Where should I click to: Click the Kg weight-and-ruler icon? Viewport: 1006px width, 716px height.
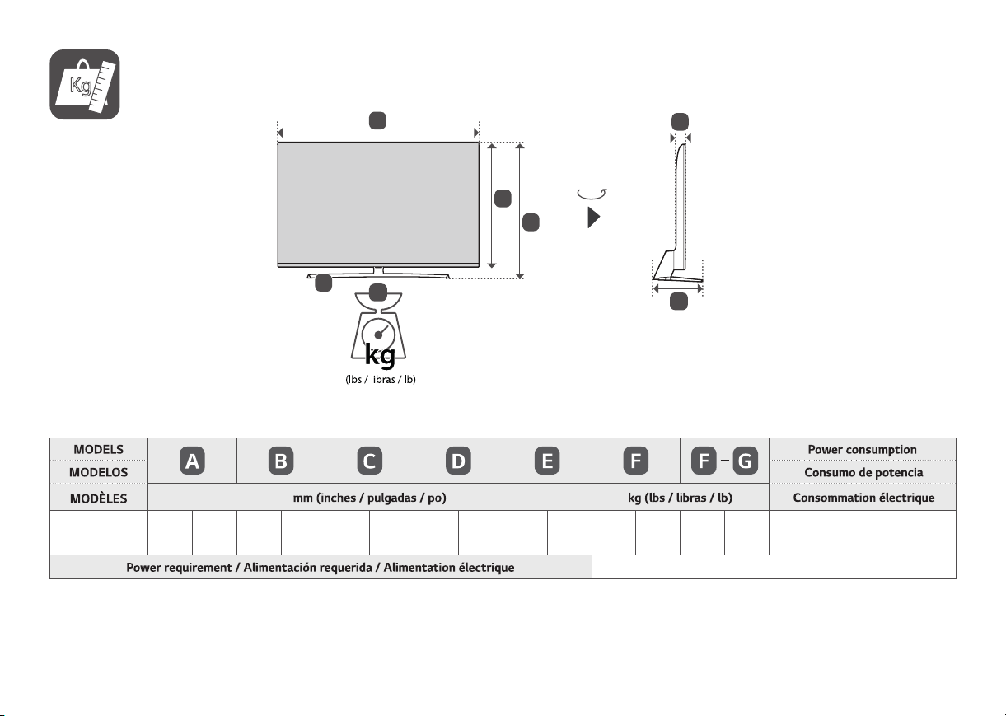[x=84, y=84]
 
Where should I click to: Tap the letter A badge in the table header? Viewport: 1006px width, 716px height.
[x=192, y=461]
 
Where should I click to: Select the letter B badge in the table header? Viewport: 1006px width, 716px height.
[x=281, y=461]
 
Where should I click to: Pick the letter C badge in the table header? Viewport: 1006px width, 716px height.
[x=370, y=461]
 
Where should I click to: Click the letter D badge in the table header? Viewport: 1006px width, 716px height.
[x=459, y=461]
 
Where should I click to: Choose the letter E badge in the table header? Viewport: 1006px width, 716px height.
[x=547, y=461]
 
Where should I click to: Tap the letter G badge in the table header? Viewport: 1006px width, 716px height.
[x=746, y=461]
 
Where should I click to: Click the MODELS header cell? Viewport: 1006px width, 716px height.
[x=98, y=449]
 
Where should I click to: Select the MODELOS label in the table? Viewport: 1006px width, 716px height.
[x=98, y=472]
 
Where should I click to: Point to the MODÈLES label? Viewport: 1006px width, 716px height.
[x=98, y=498]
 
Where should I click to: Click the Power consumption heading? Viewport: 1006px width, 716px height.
[x=863, y=449]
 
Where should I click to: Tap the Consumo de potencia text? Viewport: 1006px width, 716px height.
[x=863, y=473]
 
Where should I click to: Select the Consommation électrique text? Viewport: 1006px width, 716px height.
[x=863, y=498]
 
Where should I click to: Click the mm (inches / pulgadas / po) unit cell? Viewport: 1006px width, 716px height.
[x=370, y=498]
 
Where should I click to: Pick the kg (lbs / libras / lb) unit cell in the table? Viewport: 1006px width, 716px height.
[x=680, y=498]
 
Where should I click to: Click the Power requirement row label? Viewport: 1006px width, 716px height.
[x=321, y=568]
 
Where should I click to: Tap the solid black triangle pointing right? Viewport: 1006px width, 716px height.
[x=594, y=218]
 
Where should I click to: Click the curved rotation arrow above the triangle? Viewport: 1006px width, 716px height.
[x=592, y=194]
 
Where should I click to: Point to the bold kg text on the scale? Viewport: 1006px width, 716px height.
[x=380, y=356]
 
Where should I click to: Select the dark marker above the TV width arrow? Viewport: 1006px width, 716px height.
[x=377, y=120]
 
